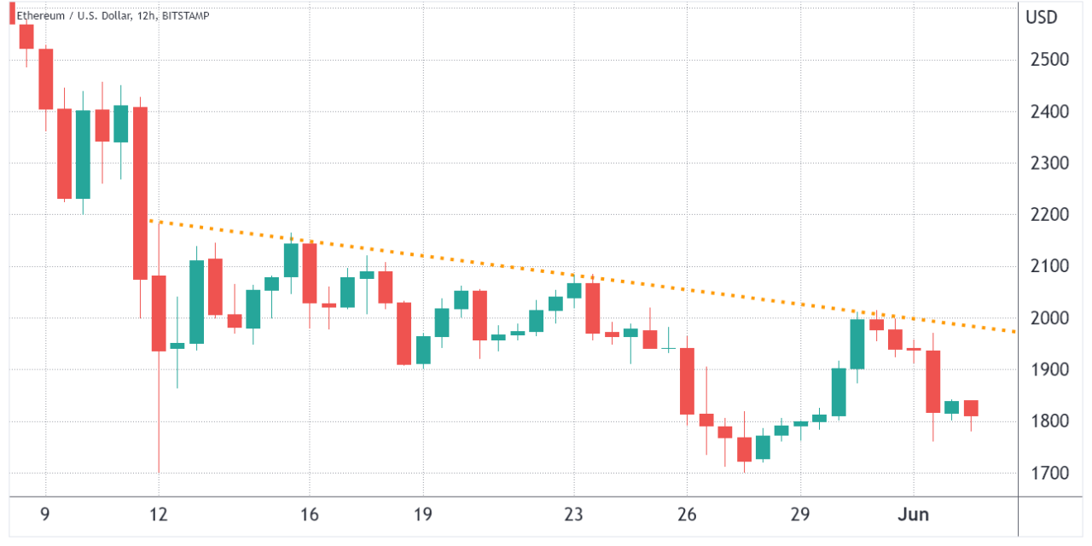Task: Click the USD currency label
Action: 1042,17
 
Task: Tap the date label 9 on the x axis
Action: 45,515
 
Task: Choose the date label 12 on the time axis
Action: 159,515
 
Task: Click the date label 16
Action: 309,515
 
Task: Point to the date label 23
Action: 573,515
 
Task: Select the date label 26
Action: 687,515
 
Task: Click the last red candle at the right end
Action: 971,408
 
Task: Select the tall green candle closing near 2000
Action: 857,344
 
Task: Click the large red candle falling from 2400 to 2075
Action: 140,193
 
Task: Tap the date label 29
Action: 800,515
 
